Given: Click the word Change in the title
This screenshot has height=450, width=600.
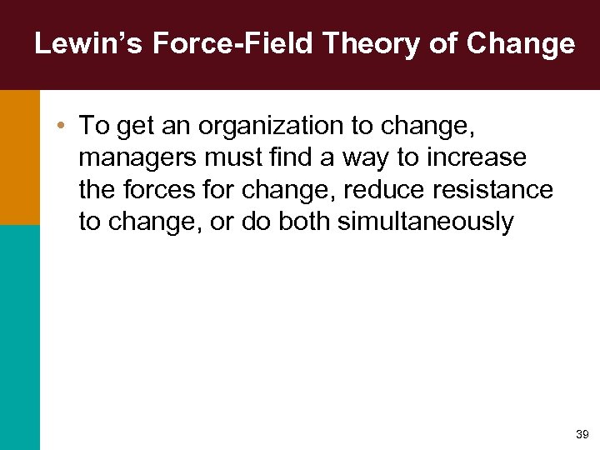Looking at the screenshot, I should pyautogui.click(x=521, y=43).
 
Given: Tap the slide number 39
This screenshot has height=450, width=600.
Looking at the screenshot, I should pyautogui.click(x=581, y=434).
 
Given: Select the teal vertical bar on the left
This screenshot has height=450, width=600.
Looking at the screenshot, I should pyautogui.click(x=19, y=337).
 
